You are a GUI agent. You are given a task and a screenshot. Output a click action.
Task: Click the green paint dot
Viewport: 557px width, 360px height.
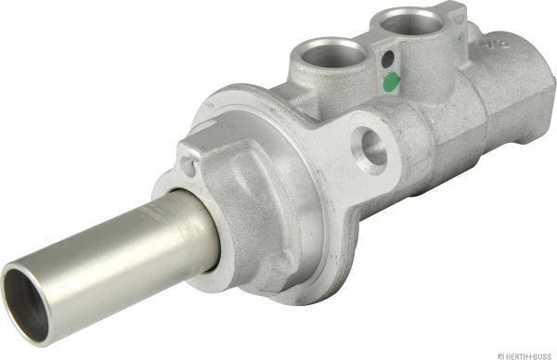pos(392,81)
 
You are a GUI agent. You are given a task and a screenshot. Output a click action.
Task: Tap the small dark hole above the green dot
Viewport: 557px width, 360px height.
pos(387,58)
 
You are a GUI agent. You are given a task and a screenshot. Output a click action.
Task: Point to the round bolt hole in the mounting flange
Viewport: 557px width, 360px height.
pos(372,148)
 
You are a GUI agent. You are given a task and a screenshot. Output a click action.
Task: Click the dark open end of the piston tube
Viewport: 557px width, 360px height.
pos(25,305)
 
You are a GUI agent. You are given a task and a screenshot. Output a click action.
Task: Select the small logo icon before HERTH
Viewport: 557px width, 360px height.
pos(501,355)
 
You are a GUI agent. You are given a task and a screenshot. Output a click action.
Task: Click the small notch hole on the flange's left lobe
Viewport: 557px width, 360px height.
pos(188,167)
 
